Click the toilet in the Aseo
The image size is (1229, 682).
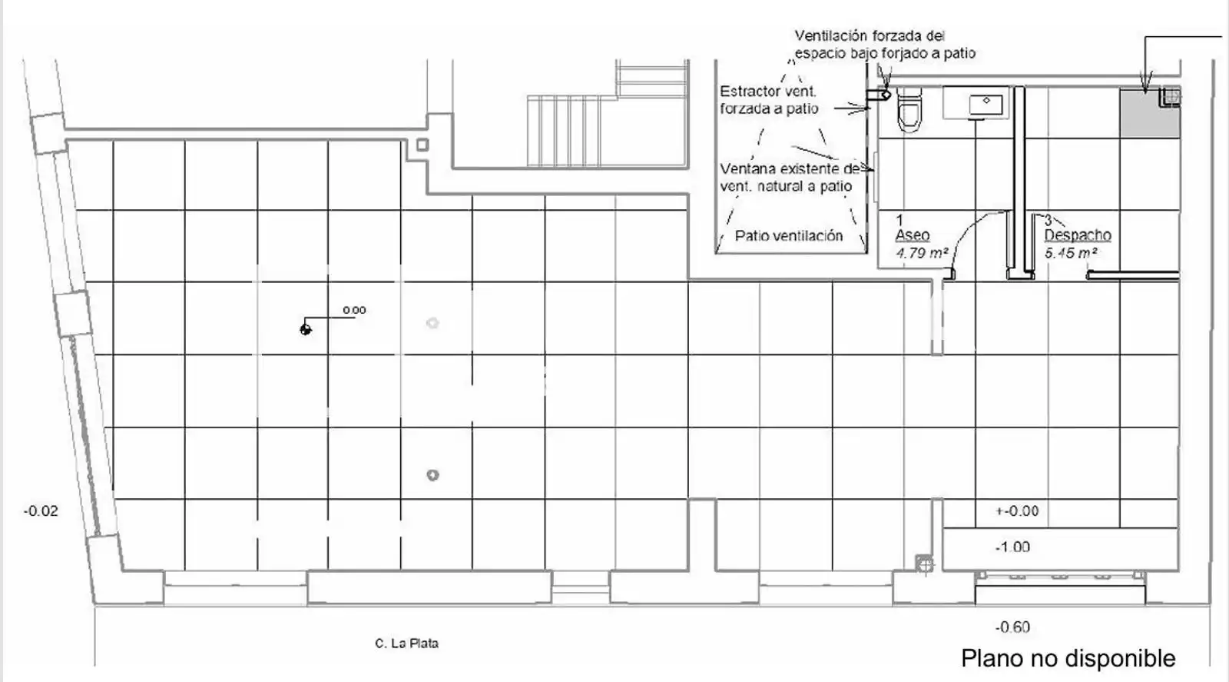909,110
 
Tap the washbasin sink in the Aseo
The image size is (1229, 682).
986,105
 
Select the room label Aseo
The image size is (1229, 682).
913,235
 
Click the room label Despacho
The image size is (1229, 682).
1078,235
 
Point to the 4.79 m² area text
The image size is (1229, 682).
922,253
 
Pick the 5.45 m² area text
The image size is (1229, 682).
1071,253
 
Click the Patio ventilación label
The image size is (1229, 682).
789,236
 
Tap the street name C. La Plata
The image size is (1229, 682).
406,644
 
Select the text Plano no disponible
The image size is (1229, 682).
1068,658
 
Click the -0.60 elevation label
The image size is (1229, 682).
1013,627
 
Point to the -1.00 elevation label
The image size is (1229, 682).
1013,547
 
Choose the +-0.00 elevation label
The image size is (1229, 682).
1017,511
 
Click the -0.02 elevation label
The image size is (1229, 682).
41,511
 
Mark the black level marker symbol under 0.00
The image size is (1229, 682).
306,329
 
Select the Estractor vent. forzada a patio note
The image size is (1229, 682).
769,100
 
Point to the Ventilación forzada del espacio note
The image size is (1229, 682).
885,45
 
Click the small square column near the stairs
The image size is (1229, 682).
422,145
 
